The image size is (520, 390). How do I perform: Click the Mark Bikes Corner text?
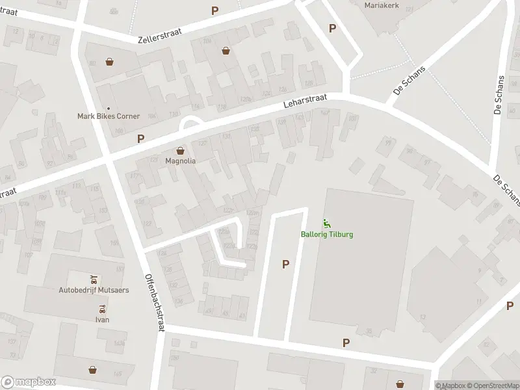click(x=109, y=116)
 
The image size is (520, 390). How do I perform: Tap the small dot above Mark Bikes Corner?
click(x=108, y=108)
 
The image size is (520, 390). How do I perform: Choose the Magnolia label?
click(x=181, y=160)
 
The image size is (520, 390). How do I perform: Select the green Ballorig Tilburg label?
click(x=327, y=235)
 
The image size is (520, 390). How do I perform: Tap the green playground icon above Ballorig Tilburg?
click(x=327, y=225)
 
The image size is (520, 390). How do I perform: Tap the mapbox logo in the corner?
click(x=29, y=382)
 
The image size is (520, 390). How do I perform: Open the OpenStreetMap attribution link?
click(x=491, y=385)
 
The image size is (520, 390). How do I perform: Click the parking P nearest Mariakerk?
click(x=333, y=28)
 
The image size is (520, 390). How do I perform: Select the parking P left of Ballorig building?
click(x=285, y=264)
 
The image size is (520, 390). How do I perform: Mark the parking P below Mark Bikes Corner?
click(x=140, y=138)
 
